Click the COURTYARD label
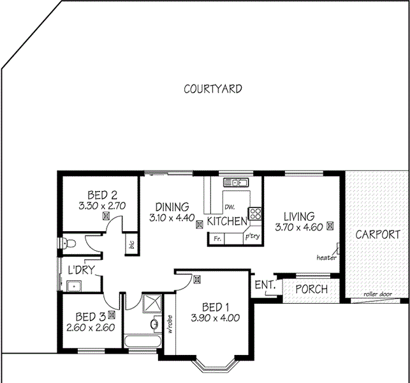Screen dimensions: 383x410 click(212, 89)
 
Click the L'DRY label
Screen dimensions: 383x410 click(81, 270)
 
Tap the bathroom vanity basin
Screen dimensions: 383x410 click(154, 326)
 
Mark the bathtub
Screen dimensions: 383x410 click(142, 342)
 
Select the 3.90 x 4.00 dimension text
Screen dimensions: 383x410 click(216, 317)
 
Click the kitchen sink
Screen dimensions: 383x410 click(240, 183)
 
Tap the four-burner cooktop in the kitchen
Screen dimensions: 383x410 click(255, 214)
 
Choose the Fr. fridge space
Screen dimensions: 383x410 click(217, 239)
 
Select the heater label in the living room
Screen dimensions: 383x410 click(326, 258)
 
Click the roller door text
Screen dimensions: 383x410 click(376, 294)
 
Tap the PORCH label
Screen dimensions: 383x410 click(311, 289)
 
